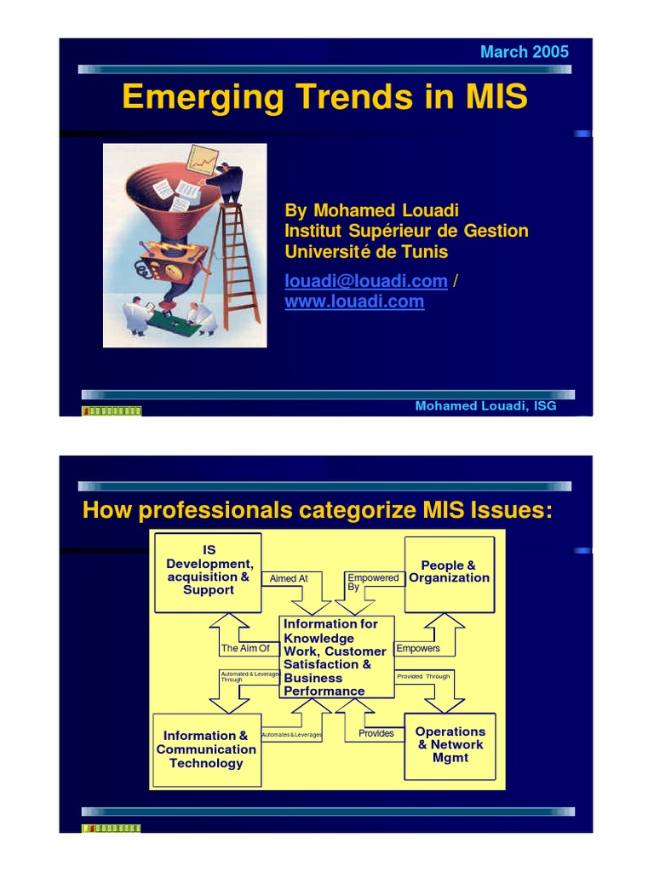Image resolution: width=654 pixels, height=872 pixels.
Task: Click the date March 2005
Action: coord(524,52)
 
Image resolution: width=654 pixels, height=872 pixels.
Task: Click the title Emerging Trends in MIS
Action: coord(324,97)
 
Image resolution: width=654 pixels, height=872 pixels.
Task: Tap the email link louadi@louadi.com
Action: coord(365,281)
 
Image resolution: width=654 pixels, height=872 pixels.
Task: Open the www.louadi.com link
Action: coord(353,301)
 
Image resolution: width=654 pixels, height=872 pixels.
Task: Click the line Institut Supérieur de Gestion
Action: coord(406,231)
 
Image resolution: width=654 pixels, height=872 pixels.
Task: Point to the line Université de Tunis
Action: coord(365,252)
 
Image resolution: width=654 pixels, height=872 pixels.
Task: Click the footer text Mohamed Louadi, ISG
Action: coord(485,405)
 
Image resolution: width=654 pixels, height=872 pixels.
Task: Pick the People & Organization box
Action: coord(449,572)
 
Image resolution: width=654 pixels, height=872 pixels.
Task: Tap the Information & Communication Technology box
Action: coord(206,749)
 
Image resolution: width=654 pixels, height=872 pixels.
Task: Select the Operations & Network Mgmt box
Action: coord(450,745)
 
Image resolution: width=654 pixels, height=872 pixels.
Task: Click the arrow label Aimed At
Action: coord(288,578)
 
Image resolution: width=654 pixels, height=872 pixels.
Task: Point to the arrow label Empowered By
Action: coord(371,582)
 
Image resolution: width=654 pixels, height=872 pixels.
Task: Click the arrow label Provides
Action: coord(376,733)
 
